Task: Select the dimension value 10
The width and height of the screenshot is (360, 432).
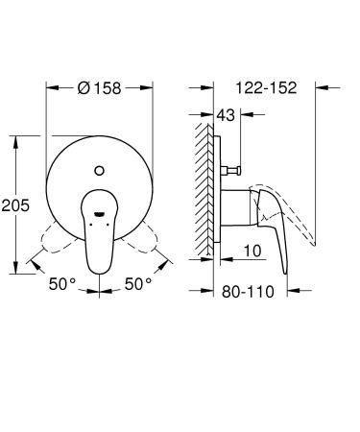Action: [252, 251]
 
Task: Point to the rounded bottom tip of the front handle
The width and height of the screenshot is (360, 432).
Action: [101, 266]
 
